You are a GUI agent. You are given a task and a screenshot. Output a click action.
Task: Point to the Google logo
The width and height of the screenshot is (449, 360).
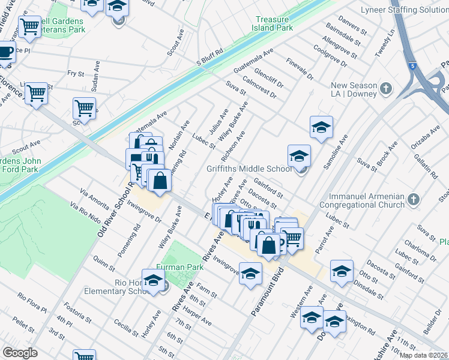tap(20, 353)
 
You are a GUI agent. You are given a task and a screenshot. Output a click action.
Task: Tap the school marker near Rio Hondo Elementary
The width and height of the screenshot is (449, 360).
tap(154, 280)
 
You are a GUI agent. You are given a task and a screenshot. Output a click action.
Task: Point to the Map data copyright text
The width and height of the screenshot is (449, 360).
tap(423, 355)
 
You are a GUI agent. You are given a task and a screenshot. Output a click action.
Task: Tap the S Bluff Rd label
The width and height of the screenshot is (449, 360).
tap(209, 61)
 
